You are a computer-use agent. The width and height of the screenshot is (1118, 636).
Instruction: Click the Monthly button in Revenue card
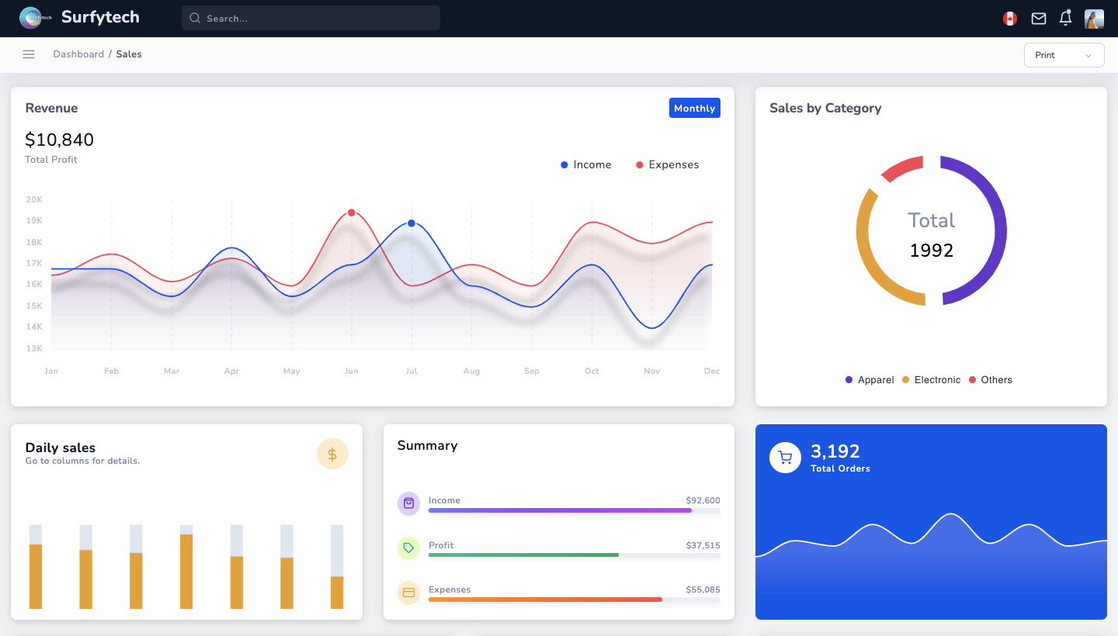coord(694,108)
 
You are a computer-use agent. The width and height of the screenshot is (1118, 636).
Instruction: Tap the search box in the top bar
coord(311,18)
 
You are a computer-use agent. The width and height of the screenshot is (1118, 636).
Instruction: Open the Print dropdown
coord(1064,55)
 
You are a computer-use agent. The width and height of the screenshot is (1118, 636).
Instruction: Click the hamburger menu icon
coord(29,54)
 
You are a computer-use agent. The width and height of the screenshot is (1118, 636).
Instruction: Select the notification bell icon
coord(1065,19)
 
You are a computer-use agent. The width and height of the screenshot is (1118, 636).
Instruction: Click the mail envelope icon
coord(1038,19)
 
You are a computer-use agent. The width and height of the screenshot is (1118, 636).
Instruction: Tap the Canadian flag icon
coord(1010,19)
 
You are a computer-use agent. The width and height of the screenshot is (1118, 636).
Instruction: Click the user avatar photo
coord(1094,19)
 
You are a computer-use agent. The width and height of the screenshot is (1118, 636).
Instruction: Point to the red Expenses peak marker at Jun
coord(352,213)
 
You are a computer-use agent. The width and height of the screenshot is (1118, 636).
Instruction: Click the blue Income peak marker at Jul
coord(411,223)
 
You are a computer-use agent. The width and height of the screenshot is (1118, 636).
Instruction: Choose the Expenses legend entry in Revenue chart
coord(667,164)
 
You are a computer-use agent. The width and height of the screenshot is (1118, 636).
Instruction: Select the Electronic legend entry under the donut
coord(931,380)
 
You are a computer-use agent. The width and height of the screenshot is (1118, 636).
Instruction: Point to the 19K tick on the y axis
coord(34,221)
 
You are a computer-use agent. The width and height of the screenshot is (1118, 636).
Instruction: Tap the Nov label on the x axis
coord(651,372)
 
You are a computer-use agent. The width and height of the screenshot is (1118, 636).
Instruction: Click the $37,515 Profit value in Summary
coord(703,545)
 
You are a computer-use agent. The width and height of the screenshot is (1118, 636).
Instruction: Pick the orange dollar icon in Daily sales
coord(332,455)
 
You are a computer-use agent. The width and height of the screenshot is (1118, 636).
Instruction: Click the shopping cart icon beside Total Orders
coord(785,458)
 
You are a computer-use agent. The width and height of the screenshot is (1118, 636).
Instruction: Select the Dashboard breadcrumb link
coord(78,54)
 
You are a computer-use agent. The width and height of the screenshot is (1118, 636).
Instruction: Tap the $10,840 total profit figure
coord(60,140)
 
